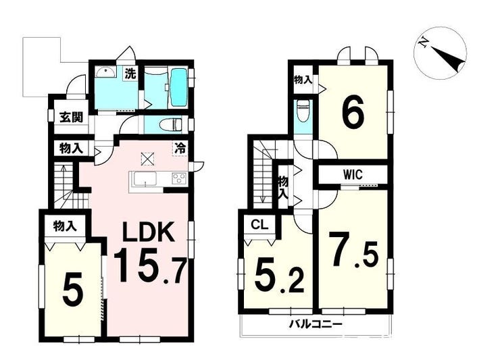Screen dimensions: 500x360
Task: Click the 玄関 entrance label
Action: pos(72,118)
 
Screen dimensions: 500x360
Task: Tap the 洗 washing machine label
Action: pos(130,74)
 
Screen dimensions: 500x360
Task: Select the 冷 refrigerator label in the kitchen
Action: pos(180,149)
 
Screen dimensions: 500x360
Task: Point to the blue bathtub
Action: pos(178,88)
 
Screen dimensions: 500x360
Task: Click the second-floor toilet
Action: pos(302,111)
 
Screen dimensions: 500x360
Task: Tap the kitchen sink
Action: pos(145,178)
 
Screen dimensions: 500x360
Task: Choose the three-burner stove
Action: pos(179,178)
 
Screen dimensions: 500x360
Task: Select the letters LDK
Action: pos(149,232)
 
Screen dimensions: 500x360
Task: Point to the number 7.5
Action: pos(353,250)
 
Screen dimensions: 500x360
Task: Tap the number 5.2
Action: pos(278,275)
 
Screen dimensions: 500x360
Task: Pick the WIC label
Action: pos(353,175)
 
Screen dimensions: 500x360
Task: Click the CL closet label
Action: pos(259,225)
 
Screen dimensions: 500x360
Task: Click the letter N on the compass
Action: pos(424,43)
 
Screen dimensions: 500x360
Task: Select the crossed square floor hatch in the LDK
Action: pos(147,159)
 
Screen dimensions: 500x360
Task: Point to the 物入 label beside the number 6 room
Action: pos(303,80)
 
